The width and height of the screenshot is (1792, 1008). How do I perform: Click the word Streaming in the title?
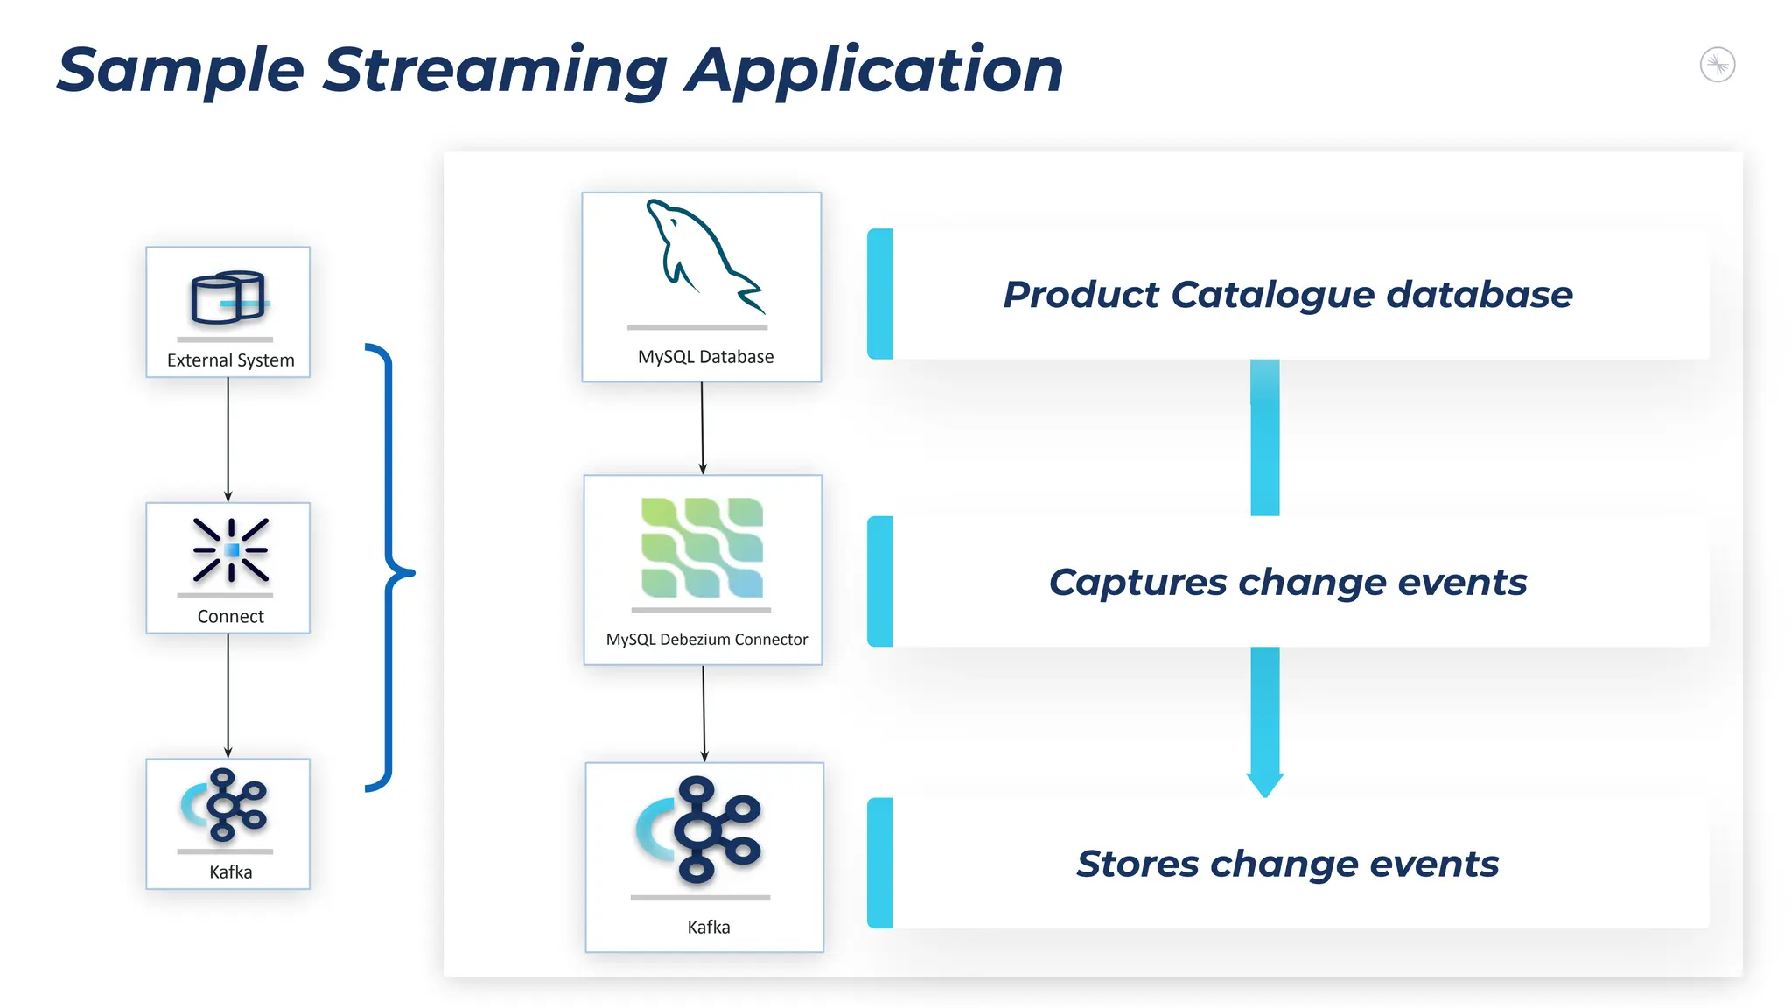[x=495, y=70]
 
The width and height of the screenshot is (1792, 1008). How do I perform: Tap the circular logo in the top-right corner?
[x=1717, y=65]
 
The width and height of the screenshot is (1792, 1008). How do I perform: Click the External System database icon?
[x=228, y=297]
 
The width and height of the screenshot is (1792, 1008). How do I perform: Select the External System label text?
[x=230, y=360]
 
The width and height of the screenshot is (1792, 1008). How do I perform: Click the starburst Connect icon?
[x=231, y=550]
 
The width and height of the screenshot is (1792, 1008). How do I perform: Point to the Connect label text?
[x=230, y=616]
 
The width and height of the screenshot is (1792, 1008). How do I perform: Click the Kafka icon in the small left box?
[x=226, y=805]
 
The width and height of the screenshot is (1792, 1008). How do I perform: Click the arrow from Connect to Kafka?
[x=228, y=696]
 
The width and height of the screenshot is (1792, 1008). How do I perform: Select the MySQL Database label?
[x=705, y=357]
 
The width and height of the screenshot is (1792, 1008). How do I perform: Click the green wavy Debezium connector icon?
[x=702, y=548]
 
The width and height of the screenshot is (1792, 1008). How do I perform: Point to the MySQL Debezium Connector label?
[x=706, y=640]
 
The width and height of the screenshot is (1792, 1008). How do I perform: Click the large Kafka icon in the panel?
[x=700, y=829]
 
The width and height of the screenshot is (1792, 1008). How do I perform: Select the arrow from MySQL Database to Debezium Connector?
[x=702, y=428]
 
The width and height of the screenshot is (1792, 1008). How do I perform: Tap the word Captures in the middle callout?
[x=1137, y=583]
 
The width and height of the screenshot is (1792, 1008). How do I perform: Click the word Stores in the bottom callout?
[x=1137, y=864]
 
